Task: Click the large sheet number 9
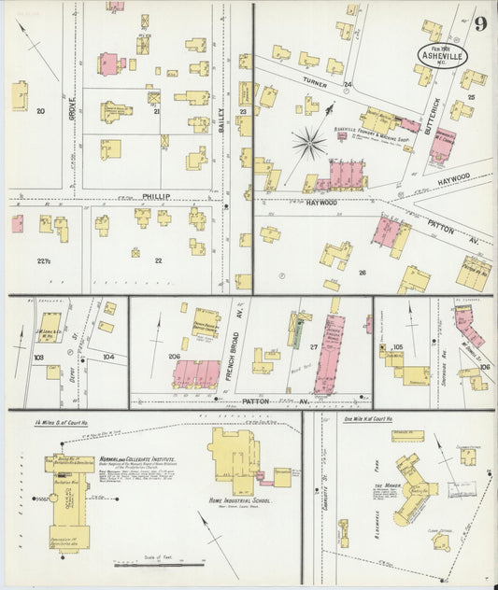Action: [x=478, y=23]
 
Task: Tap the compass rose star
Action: [x=308, y=143]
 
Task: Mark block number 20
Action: [x=40, y=111]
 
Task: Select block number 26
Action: [x=362, y=273]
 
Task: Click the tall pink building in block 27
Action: [x=329, y=355]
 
